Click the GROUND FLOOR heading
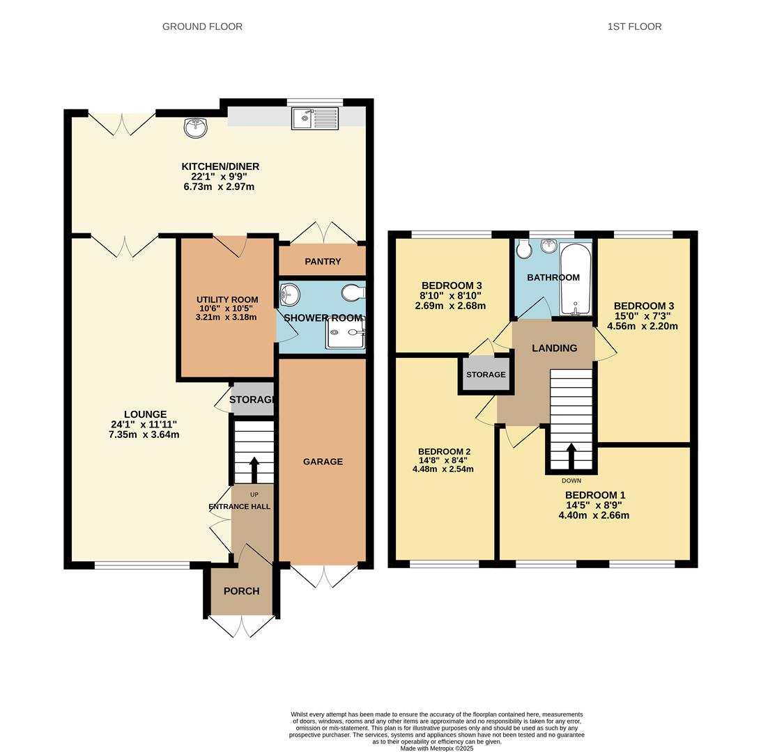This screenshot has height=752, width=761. pyautogui.click(x=202, y=26)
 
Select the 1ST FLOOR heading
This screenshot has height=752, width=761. pyautogui.click(x=634, y=26)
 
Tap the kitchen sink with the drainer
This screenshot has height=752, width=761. pyautogui.click(x=315, y=118)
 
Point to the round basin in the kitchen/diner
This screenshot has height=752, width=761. pyautogui.click(x=196, y=128)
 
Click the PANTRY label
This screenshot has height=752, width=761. pyautogui.click(x=323, y=262)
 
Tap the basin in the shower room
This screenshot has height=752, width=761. pyautogui.click(x=290, y=295)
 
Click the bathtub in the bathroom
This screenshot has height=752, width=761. pyautogui.click(x=576, y=279)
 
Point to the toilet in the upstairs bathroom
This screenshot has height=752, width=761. pyautogui.click(x=523, y=249)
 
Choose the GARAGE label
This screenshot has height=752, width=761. pyautogui.click(x=323, y=462)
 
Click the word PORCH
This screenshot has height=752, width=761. pyautogui.click(x=241, y=591)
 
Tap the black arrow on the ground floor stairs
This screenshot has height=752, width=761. pyautogui.click(x=254, y=469)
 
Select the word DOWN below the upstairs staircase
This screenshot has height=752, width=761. pyautogui.click(x=571, y=481)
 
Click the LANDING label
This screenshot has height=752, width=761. pyautogui.click(x=554, y=348)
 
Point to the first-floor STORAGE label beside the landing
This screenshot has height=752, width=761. pyautogui.click(x=486, y=375)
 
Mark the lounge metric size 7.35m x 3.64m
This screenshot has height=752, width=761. pyautogui.click(x=144, y=435)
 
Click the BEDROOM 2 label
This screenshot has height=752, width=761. pyautogui.click(x=444, y=452)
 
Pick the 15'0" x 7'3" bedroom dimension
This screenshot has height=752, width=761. pyautogui.click(x=642, y=316)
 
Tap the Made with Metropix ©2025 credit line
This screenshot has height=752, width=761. pyautogui.click(x=436, y=749)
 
